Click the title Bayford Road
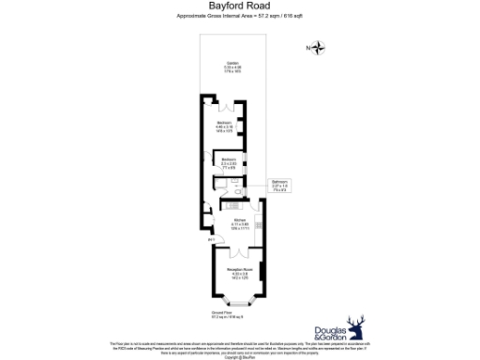point(239,7)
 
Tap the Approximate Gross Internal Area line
point(239,18)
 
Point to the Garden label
point(232,67)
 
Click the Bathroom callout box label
point(278,185)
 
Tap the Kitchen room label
point(240,223)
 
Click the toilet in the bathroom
point(240,191)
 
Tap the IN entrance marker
point(211,240)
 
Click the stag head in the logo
point(355,327)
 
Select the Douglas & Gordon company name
point(327,335)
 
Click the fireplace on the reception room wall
point(263,276)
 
